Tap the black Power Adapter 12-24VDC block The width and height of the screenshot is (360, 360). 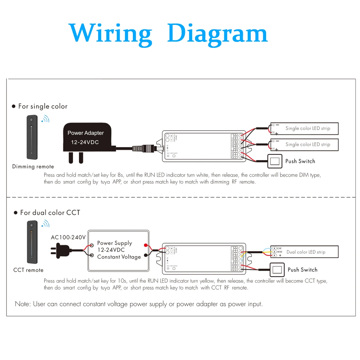(x=87, y=137)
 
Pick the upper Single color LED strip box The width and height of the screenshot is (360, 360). (x=304, y=128)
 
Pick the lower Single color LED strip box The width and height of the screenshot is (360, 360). (x=304, y=144)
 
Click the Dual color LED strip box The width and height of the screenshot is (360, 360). (x=304, y=252)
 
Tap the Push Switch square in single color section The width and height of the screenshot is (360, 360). (x=275, y=161)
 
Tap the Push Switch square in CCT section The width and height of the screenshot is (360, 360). (x=277, y=270)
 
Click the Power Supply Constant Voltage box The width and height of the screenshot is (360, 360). (x=118, y=250)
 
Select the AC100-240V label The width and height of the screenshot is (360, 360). (x=68, y=237)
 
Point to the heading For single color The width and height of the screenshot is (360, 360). (x=43, y=106)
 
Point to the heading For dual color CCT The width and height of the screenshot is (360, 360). (x=50, y=213)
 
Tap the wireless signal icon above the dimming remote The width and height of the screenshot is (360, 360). (x=45, y=119)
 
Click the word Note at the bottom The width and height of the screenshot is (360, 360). (x=23, y=304)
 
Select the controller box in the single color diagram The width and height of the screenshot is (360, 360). (x=203, y=146)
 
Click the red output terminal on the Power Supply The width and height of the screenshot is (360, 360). (x=146, y=245)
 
